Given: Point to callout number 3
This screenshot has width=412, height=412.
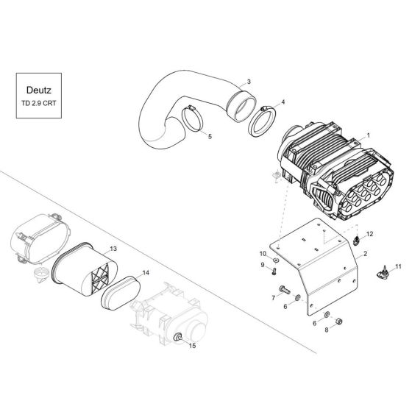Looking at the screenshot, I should (x=248, y=81).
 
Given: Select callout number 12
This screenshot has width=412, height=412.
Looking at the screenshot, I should (x=371, y=233).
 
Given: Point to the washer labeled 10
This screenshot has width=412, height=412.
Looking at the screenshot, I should (x=274, y=260).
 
